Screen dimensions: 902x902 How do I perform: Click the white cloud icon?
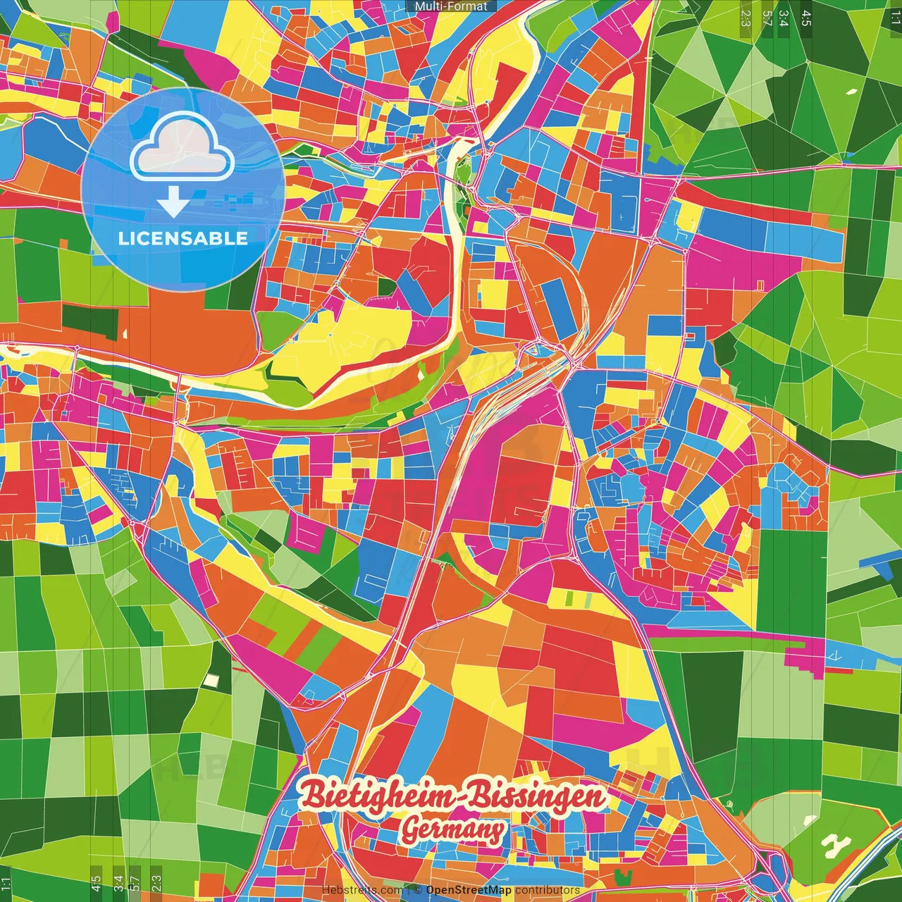point(182,146)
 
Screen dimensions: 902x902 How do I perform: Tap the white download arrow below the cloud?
point(172,203)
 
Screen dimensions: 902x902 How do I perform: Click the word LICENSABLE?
point(183,238)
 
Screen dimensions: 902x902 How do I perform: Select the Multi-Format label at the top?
point(451,6)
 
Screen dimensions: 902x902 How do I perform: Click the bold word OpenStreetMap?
point(469,890)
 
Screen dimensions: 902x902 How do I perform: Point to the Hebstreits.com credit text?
point(362,890)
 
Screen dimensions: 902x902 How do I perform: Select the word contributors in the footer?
point(548,890)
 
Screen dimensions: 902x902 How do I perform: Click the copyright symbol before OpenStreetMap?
point(418,890)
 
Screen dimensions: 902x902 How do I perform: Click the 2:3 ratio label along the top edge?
point(746,18)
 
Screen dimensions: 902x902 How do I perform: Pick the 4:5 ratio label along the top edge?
point(806,18)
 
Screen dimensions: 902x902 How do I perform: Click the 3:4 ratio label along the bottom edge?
point(118,883)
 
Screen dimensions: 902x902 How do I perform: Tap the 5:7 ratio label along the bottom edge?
point(135,883)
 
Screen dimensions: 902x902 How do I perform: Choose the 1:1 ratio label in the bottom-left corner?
point(6,883)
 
